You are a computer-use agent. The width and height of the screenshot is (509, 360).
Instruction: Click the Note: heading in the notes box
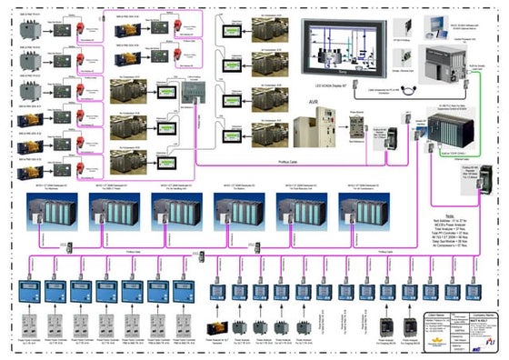pos(444,202)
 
